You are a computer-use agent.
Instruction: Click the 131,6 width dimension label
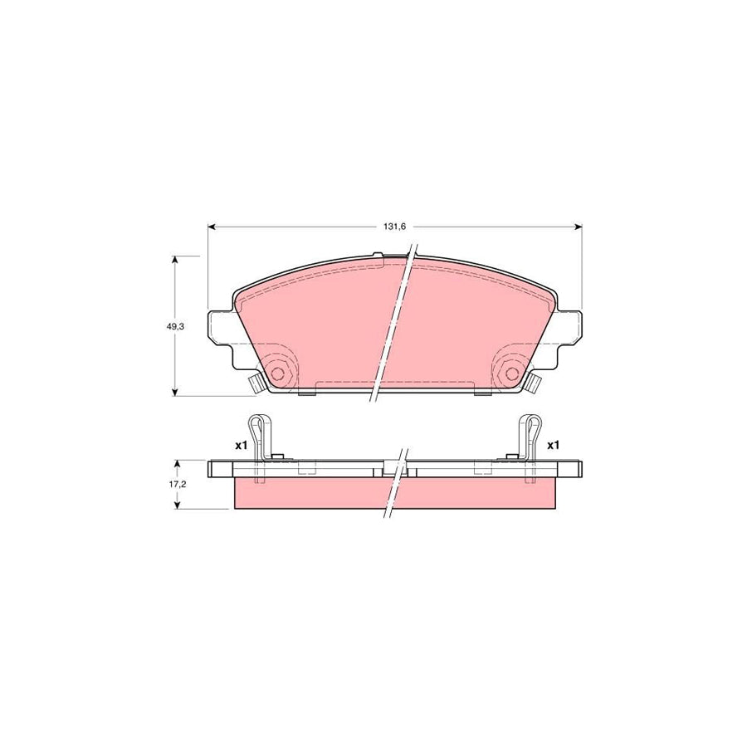coord(393,226)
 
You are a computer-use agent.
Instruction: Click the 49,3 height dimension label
coord(174,327)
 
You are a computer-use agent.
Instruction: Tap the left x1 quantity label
coord(240,446)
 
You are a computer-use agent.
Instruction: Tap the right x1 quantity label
coord(554,446)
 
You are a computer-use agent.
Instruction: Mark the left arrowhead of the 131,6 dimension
coord(211,226)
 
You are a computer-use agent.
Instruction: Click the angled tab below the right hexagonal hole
coord(532,384)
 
